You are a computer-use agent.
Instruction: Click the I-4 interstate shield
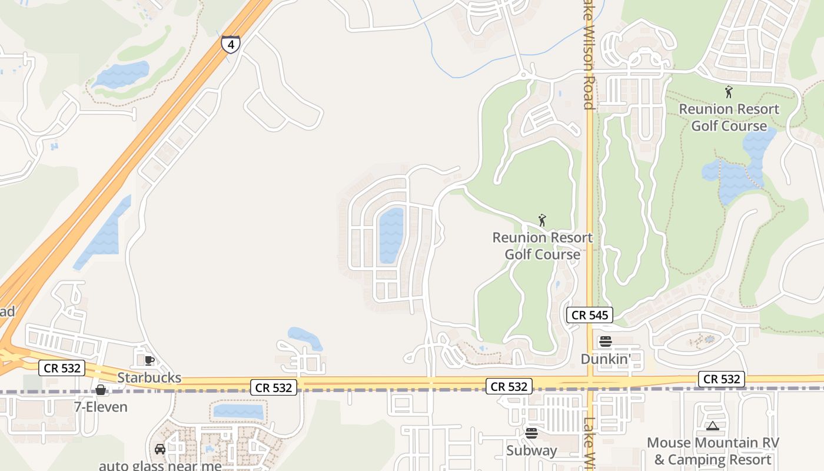click(x=231, y=44)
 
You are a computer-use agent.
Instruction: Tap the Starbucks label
click(x=149, y=377)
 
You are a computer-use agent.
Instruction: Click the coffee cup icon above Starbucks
click(x=149, y=360)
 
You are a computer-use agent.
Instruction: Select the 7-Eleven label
click(x=101, y=407)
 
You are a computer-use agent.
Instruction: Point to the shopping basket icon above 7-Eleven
click(x=101, y=390)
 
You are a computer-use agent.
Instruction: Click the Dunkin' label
click(x=604, y=359)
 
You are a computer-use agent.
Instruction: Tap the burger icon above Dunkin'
click(x=605, y=341)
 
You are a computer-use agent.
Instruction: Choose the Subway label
click(x=531, y=450)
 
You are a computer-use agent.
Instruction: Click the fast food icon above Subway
click(x=531, y=433)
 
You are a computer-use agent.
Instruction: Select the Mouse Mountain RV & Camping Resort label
click(x=712, y=451)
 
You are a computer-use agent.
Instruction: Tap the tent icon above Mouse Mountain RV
click(x=712, y=426)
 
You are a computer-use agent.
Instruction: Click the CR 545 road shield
click(x=590, y=315)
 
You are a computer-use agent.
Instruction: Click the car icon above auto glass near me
click(x=160, y=449)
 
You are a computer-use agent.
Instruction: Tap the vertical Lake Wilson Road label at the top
click(x=588, y=56)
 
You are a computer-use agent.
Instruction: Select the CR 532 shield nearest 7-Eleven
click(x=62, y=369)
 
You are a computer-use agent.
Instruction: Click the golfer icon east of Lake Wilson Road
click(x=729, y=92)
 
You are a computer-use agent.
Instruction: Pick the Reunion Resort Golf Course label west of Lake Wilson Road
click(x=542, y=246)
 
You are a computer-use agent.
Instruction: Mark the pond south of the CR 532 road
click(x=238, y=411)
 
